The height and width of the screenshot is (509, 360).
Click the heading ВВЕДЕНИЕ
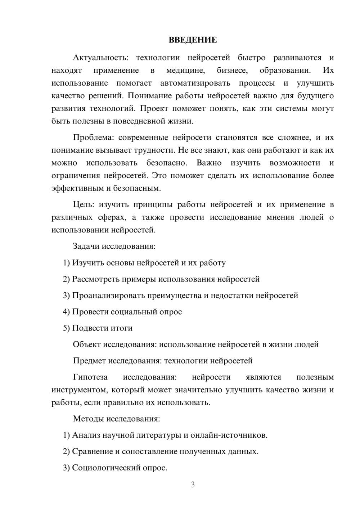coord(193,40)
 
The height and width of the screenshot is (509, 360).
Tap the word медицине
coord(185,70)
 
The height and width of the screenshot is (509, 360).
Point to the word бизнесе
coord(232,70)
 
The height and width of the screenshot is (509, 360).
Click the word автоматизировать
coord(195,83)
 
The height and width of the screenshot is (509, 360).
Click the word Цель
coord(84,205)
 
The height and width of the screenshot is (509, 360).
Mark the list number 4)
coord(66,312)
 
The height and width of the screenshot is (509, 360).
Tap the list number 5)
coord(66,328)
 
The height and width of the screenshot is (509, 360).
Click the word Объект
coord(87,344)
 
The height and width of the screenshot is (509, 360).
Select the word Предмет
coord(89,361)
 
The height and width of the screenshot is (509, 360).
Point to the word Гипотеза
coord(90,377)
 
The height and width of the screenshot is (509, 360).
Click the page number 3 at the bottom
coord(193,485)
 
